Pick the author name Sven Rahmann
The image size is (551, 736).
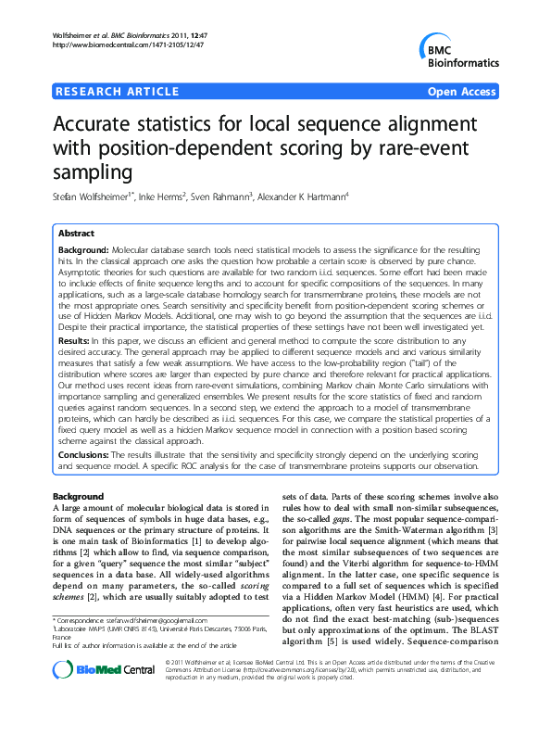click(228, 197)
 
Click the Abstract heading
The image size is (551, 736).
click(77, 235)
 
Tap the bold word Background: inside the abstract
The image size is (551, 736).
click(83, 251)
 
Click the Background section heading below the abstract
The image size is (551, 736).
click(78, 498)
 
